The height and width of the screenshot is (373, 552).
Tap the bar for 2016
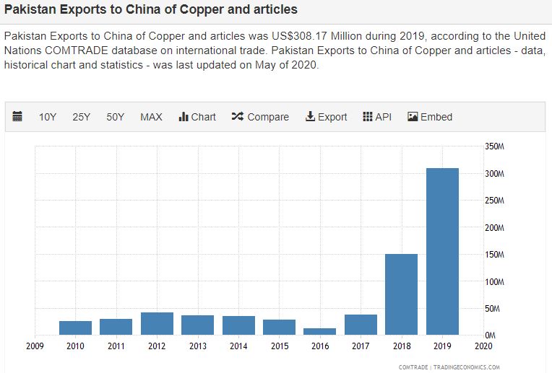tap(319, 331)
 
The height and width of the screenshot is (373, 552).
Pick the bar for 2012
tap(157, 323)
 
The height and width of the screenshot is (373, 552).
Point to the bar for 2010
tap(75, 328)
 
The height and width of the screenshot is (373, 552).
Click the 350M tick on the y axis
tap(494, 146)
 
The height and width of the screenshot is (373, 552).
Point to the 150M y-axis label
tap(494, 255)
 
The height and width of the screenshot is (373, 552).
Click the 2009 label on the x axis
tap(35, 346)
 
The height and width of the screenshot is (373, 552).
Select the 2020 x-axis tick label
tap(483, 346)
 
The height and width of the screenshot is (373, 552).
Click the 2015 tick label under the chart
tap(279, 346)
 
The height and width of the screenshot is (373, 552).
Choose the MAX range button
tap(151, 117)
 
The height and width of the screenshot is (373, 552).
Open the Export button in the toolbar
tap(326, 117)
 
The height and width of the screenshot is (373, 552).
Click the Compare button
tap(260, 117)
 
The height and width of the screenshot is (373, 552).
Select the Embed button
tap(430, 117)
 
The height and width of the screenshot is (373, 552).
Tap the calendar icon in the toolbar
tap(18, 117)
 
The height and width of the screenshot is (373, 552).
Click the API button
tap(376, 117)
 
